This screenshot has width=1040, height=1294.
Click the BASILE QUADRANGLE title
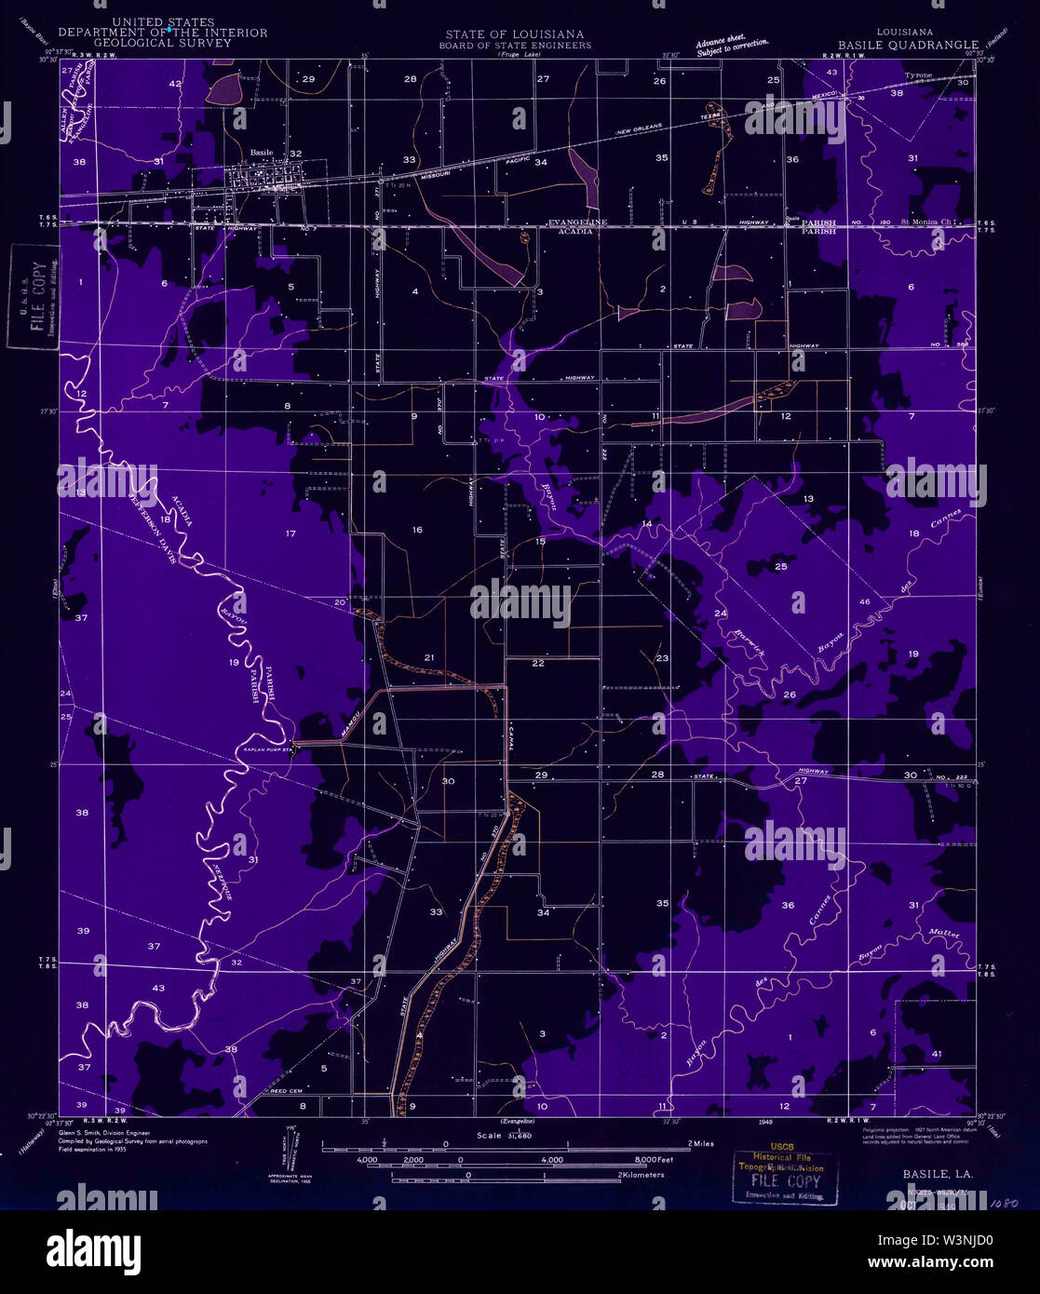pyautogui.click(x=908, y=44)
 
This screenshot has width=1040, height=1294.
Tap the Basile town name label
pyautogui.click(x=262, y=153)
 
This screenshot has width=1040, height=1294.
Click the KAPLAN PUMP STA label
pyautogui.click(x=268, y=748)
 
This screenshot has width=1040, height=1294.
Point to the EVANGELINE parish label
pyautogui.click(x=577, y=222)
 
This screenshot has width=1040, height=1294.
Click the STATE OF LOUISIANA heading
pyautogui.click(x=514, y=34)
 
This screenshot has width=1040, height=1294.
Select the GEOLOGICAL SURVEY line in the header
pyautogui.click(x=163, y=43)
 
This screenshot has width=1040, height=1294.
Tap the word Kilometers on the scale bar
pyautogui.click(x=642, y=1175)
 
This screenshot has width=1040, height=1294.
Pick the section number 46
pyautogui.click(x=864, y=602)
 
